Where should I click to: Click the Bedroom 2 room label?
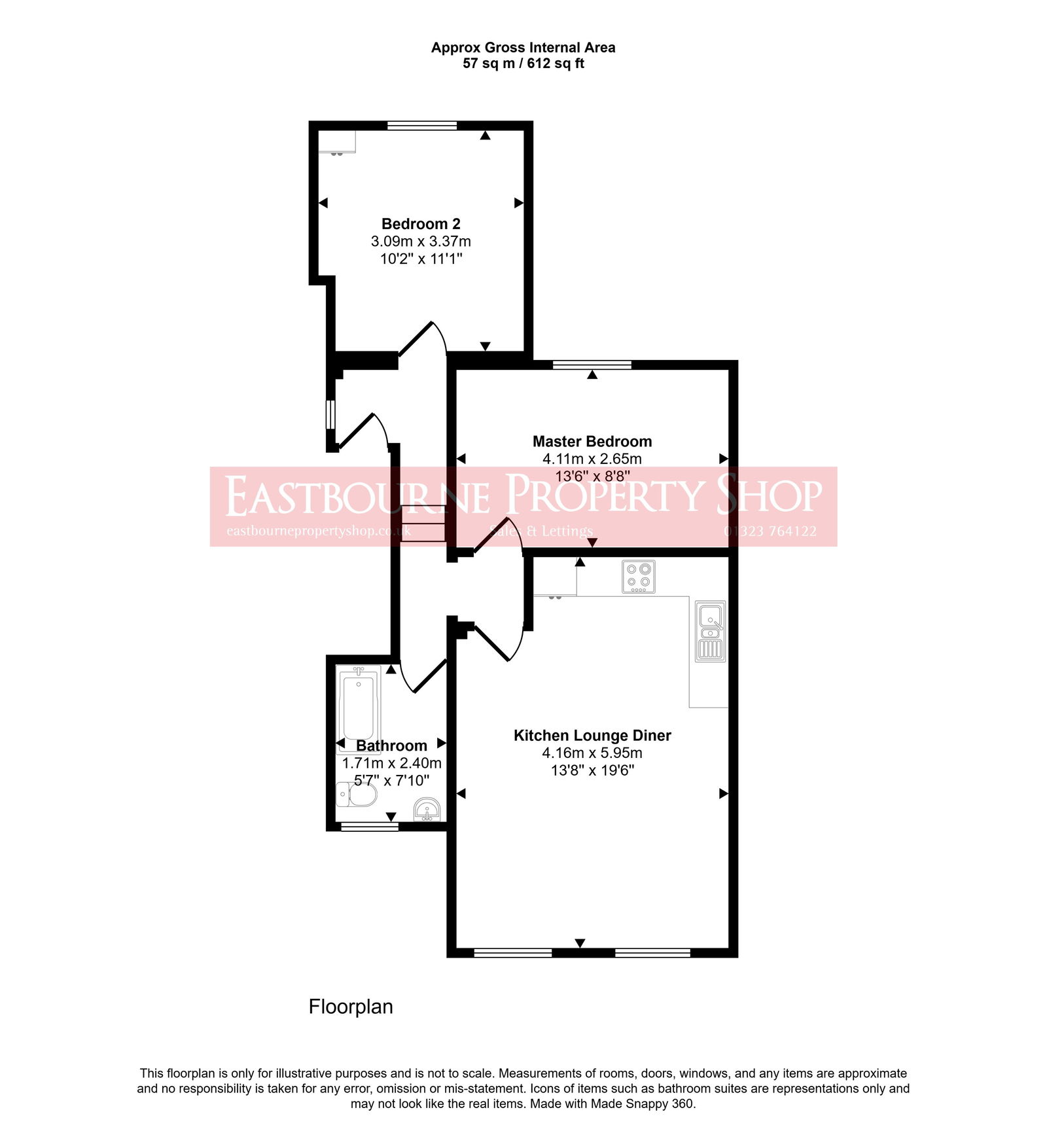pyautogui.click(x=421, y=224)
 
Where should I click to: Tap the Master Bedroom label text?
pyautogui.click(x=592, y=441)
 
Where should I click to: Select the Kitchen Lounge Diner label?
pyautogui.click(x=592, y=735)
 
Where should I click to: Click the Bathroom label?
pyautogui.click(x=391, y=745)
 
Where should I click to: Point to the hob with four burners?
pyautogui.click(x=638, y=577)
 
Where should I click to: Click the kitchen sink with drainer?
pyautogui.click(x=710, y=631)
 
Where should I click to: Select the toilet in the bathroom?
pyautogui.click(x=357, y=795)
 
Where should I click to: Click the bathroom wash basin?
pyautogui.click(x=427, y=809)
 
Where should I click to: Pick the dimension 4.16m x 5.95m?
pyautogui.click(x=592, y=753)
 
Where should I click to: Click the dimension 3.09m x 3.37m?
pyautogui.click(x=421, y=241)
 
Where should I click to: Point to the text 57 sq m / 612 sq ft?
pyautogui.click(x=523, y=63)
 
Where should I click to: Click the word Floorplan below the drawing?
pyautogui.click(x=351, y=1006)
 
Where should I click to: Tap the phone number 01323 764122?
pyautogui.click(x=770, y=531)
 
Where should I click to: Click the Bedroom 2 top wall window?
pyautogui.click(x=421, y=126)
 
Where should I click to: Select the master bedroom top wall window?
pyautogui.click(x=592, y=365)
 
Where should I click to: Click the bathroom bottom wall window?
pyautogui.click(x=370, y=827)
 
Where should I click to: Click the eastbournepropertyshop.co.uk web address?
pyautogui.click(x=319, y=531)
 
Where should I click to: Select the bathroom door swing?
pyautogui.click(x=422, y=674)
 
